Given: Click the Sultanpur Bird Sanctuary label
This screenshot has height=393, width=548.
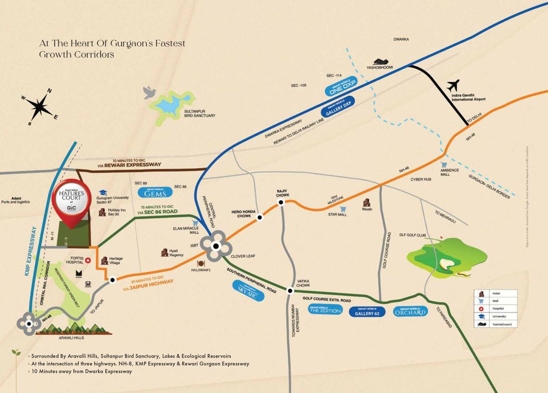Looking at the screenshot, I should pyautogui.click(x=200, y=113).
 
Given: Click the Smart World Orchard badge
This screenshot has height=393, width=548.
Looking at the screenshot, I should pyautogui.click(x=410, y=311).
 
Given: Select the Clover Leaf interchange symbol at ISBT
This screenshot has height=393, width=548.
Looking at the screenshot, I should pyautogui.click(x=215, y=247).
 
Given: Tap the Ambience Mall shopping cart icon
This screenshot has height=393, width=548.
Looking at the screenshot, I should pyautogui.click(x=444, y=165).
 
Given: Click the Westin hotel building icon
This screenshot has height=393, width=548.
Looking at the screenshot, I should pyautogui.click(x=366, y=202).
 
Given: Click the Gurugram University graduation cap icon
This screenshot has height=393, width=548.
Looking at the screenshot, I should pyautogui.click(x=103, y=193).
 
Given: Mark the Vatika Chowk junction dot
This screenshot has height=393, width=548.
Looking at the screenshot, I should pyautogui.click(x=289, y=291).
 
